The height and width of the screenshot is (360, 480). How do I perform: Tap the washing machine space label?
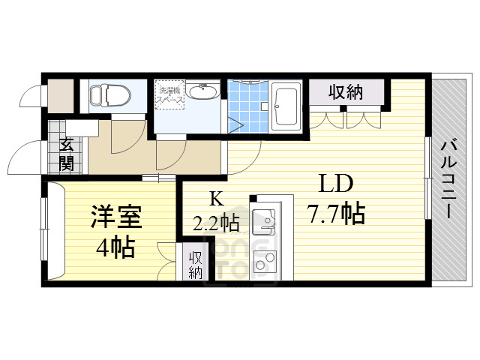(x=170, y=97)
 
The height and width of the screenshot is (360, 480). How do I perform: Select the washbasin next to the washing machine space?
(x=202, y=93)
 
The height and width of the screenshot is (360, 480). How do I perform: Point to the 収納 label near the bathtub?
(x=346, y=92)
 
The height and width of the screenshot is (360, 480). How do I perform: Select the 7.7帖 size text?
(x=335, y=214)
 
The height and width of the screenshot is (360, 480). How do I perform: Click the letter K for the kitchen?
(x=216, y=199)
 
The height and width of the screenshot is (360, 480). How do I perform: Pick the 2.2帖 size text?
(x=216, y=222)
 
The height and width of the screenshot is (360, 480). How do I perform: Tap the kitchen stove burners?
(x=263, y=263)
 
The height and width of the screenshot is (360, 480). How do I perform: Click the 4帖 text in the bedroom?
(x=114, y=246)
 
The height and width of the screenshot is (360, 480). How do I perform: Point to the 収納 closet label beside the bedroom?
(x=196, y=265)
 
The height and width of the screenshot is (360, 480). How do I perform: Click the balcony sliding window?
(x=427, y=177)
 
